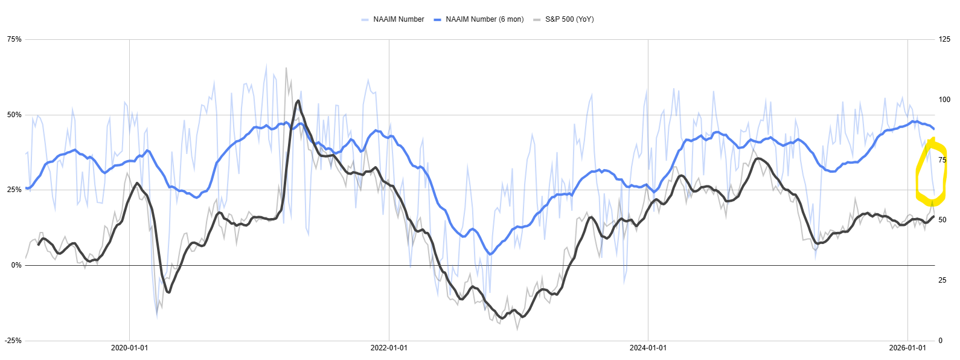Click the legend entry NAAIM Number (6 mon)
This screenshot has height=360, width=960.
[484, 19]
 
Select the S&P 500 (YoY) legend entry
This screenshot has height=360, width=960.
[569, 19]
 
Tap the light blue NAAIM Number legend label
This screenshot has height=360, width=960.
[398, 19]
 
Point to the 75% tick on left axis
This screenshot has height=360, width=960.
[14, 39]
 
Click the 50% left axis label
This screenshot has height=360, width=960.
[14, 115]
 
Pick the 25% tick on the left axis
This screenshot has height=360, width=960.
[14, 190]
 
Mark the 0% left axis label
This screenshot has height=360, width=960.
[16, 265]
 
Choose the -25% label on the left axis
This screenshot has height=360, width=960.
[13, 341]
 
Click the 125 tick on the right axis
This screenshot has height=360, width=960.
[944, 39]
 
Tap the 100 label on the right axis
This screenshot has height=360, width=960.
[944, 100]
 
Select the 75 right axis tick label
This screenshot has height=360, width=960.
[942, 160]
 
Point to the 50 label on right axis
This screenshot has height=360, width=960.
[942, 220]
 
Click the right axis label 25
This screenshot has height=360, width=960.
[942, 280]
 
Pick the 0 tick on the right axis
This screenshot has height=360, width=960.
[941, 341]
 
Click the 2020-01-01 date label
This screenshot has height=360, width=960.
[129, 348]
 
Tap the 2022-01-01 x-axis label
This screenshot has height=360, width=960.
[389, 348]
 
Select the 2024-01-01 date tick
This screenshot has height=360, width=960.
[648, 348]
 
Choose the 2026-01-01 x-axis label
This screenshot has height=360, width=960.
[907, 348]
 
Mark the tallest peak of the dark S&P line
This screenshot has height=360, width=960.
[298, 101]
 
